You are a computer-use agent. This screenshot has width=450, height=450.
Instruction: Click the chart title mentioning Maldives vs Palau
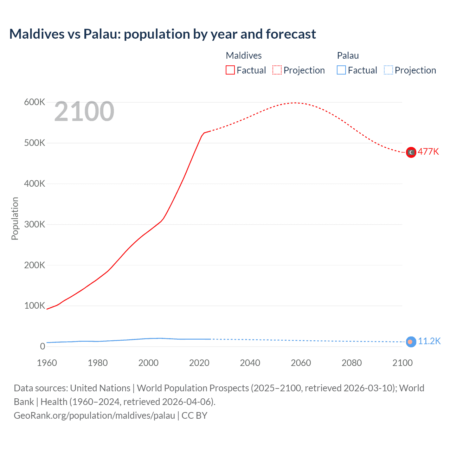(x=162, y=34)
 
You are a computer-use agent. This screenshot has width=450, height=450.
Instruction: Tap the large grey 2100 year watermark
(x=84, y=111)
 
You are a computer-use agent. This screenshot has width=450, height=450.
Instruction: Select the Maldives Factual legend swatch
(x=230, y=70)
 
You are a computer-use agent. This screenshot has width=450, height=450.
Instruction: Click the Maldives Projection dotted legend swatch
(x=277, y=70)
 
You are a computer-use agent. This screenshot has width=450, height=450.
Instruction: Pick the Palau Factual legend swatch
(x=341, y=70)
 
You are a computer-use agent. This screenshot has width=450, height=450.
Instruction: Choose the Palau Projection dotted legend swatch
(x=388, y=70)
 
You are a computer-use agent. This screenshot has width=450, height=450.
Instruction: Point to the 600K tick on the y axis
(x=34, y=102)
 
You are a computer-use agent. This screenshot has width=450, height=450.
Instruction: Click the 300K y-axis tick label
(x=34, y=224)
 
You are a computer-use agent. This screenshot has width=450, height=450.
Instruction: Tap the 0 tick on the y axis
(x=43, y=346)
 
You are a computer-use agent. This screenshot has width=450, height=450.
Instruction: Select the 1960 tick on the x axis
(x=47, y=363)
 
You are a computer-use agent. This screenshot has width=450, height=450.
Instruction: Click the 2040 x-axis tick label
(x=250, y=363)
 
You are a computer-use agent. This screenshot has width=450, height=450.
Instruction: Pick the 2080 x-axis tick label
(x=352, y=363)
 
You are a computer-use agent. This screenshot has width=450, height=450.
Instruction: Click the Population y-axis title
(x=15, y=218)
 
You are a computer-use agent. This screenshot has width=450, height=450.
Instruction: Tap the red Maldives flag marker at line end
(x=411, y=152)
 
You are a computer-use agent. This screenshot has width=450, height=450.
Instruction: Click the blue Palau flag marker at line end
(x=411, y=342)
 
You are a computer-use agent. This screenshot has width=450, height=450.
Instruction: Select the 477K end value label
(x=428, y=152)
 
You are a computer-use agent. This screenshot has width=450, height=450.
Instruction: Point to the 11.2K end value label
(x=429, y=341)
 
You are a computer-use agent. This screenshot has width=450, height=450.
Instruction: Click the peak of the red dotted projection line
(x=295, y=103)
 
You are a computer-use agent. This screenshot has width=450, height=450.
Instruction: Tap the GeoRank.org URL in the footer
(x=94, y=416)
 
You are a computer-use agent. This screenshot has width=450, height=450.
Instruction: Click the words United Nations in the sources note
(x=100, y=388)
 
